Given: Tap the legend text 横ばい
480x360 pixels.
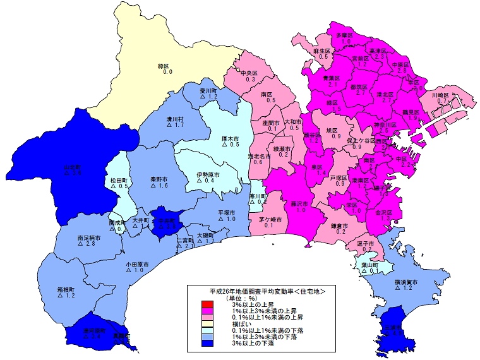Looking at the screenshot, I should (243, 324).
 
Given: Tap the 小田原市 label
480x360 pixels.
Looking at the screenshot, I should (136, 263).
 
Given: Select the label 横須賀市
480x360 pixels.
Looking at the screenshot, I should (407, 280).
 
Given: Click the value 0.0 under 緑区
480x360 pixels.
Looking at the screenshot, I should (167, 73).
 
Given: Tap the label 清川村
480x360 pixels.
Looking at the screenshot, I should (175, 119).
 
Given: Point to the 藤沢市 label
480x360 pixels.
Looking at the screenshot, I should (299, 204).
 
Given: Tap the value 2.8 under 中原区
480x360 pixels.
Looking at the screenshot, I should (401, 71).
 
